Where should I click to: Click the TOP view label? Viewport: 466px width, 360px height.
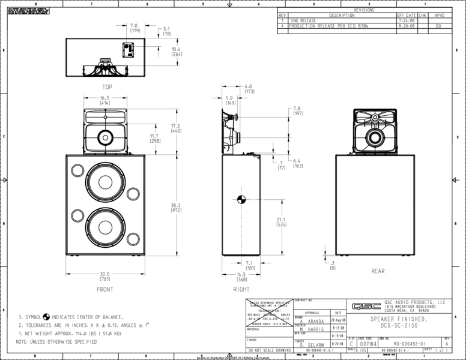[106, 86]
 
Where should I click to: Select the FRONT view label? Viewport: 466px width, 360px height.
[105, 289]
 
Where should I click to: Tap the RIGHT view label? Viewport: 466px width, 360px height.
[241, 289]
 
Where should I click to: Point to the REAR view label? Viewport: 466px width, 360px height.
[378, 271]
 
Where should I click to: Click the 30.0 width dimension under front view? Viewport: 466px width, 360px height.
[105, 274]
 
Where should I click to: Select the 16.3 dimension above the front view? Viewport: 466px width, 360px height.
[104, 98]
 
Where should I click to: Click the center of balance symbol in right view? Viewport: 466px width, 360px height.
[241, 199]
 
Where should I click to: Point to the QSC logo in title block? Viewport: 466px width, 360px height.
[362, 305]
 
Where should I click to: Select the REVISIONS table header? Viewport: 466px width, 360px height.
[364, 10]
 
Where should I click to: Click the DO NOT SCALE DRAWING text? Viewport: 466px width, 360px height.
[270, 350]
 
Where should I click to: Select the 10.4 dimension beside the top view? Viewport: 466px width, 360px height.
[176, 49]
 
